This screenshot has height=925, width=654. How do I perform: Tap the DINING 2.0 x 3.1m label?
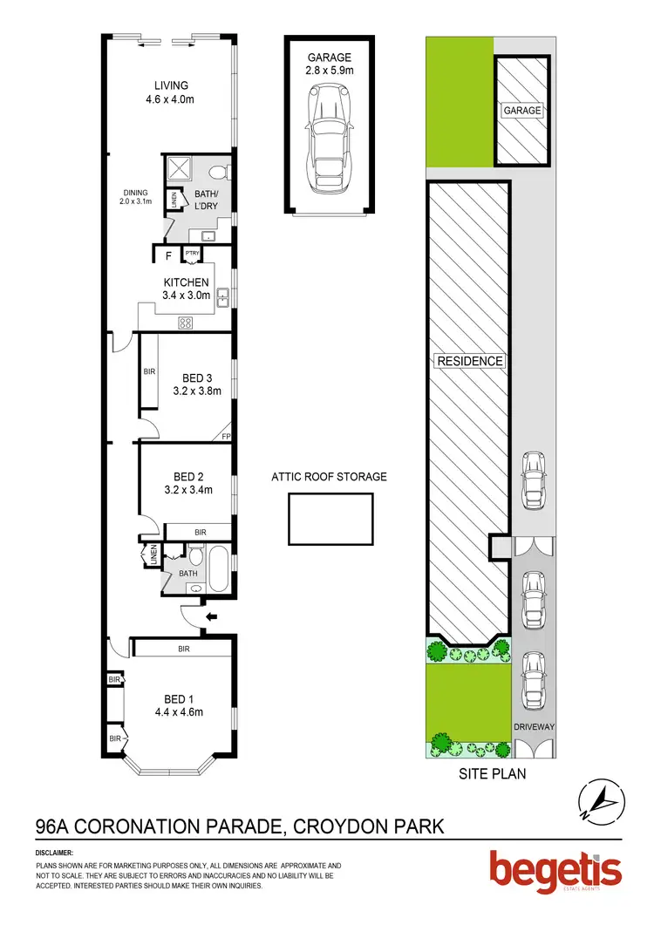click(x=135, y=197)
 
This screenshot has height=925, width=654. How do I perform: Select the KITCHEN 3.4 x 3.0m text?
click(x=186, y=289)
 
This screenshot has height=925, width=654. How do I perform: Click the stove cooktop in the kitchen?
click(x=185, y=323)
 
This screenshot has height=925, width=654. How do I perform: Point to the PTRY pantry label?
click(x=192, y=255)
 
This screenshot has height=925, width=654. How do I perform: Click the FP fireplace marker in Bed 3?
click(x=226, y=436)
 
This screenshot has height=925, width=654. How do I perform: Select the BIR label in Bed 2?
click(x=200, y=532)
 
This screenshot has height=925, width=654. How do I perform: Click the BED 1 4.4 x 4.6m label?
click(x=183, y=704)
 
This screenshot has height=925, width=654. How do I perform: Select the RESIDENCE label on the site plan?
click(x=470, y=361)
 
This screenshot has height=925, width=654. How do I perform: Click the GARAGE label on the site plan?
click(x=521, y=111)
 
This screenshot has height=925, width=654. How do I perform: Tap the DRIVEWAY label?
click(x=534, y=724)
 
